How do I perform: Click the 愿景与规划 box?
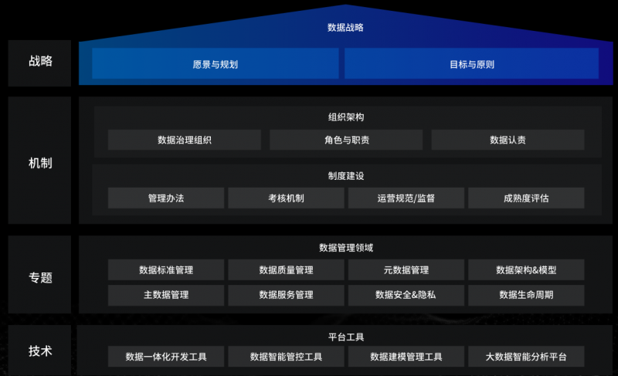215,64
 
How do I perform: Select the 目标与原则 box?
471,64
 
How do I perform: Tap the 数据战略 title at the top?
345,28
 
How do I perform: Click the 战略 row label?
40,62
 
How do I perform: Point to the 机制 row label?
40,164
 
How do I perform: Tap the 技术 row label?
40,351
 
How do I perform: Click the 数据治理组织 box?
184,141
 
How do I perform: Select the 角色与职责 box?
346,141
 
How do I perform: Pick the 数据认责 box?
508,141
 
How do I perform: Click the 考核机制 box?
286,198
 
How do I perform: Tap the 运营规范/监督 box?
406,198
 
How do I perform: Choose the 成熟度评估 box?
526,198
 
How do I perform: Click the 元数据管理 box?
406,270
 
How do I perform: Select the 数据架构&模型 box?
526,270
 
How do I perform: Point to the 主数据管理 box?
166,295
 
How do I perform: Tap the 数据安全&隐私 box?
406,295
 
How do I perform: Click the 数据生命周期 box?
526,295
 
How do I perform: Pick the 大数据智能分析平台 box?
526,357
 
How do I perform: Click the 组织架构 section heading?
345,117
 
